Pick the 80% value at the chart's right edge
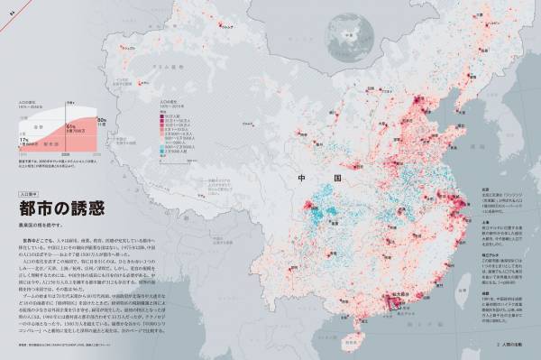102,119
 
